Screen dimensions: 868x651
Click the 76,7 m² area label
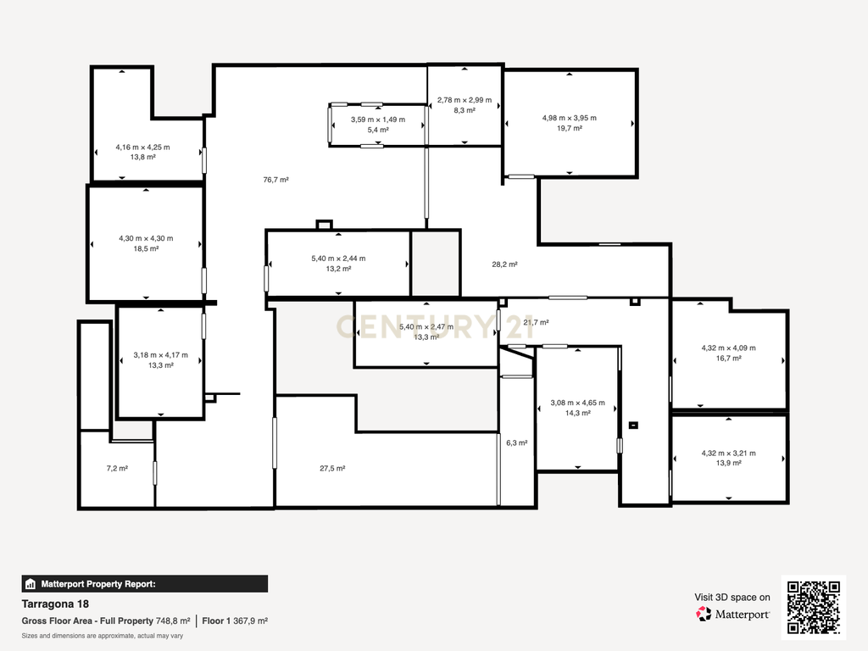pos(275,180)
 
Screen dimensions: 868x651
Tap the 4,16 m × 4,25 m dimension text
pos(142,147)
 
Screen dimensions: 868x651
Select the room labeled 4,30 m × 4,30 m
pos(146,243)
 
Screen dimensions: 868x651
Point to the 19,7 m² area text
pos(570,129)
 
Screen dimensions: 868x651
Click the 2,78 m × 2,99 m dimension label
pos(465,100)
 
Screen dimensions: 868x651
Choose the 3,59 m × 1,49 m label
pos(378,120)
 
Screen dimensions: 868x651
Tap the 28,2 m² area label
pos(505,264)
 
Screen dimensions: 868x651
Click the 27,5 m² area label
pos(332,468)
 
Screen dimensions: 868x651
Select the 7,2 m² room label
pos(117,468)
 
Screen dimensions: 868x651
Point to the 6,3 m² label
pos(517,442)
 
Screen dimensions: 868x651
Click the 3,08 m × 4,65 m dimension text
pos(578,403)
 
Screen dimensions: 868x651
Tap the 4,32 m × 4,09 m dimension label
pos(728,348)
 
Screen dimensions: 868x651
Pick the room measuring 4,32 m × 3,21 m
pos(729,459)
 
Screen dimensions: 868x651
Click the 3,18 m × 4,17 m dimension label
pos(160,355)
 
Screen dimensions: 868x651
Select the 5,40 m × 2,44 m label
pos(338,259)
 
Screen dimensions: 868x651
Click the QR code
pos(814,607)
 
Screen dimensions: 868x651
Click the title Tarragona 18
pos(55,604)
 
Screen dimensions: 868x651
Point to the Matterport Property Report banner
pos(144,584)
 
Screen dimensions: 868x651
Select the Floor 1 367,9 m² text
pos(235,621)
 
